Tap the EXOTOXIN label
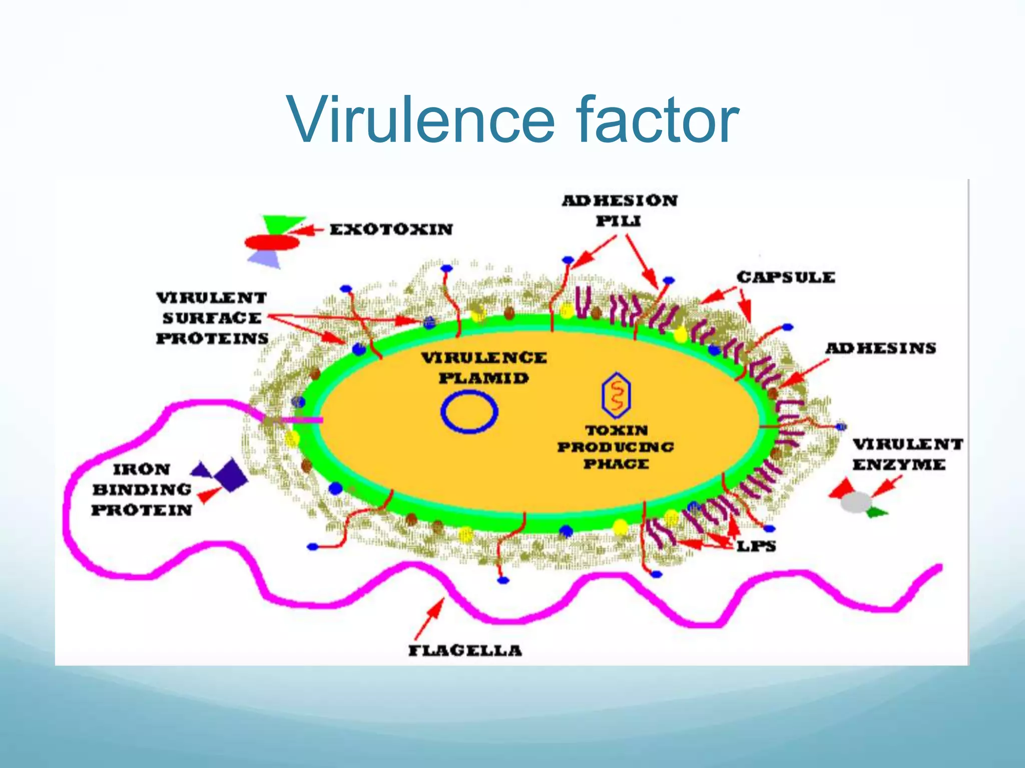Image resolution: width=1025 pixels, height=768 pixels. click(x=391, y=229)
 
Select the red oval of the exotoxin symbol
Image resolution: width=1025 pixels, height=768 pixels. click(x=272, y=243)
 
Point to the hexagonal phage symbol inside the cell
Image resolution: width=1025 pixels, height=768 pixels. click(x=616, y=395)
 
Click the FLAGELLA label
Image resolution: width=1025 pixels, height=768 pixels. click(x=465, y=650)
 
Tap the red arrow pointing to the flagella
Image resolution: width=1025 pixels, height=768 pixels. click(x=430, y=617)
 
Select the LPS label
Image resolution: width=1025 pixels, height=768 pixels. click(x=756, y=546)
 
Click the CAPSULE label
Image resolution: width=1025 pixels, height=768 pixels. click(x=785, y=277)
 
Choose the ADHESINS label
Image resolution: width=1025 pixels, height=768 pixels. click(x=880, y=348)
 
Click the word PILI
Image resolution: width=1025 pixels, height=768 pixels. click(x=618, y=221)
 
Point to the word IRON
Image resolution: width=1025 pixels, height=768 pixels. click(x=142, y=469)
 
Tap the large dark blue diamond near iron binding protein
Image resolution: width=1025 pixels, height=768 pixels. click(x=231, y=474)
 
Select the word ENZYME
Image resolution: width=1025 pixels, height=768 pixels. click(x=899, y=465)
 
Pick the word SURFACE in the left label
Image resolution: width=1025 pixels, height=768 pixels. click(x=212, y=318)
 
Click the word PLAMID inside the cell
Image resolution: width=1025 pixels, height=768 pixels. click(x=483, y=378)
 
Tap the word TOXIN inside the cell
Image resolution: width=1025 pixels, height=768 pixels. click(x=617, y=430)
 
